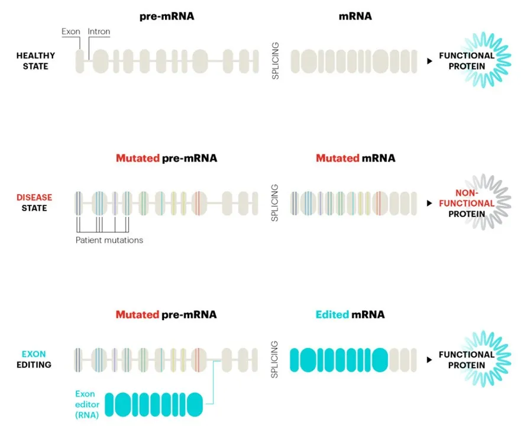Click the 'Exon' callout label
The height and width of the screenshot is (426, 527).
pos(70,31)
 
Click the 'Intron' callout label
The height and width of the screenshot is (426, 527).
pos(99,31)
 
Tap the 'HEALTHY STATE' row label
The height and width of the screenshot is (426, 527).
pos(35,61)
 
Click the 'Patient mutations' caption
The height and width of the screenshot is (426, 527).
pos(109,240)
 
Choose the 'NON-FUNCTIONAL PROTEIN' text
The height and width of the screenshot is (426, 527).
pos(466,203)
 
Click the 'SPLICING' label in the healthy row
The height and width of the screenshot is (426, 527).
pos(276,61)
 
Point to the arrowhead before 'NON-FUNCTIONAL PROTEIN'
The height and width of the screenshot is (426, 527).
pos(429,203)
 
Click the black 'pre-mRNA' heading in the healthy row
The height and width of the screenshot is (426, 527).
pos(167,17)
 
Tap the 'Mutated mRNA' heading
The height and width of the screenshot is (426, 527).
pos(355,158)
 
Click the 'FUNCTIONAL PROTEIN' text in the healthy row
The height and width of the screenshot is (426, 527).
pos(466,61)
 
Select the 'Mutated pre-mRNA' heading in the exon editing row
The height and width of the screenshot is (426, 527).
pos(166,314)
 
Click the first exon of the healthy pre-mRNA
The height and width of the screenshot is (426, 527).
pos(79,62)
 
